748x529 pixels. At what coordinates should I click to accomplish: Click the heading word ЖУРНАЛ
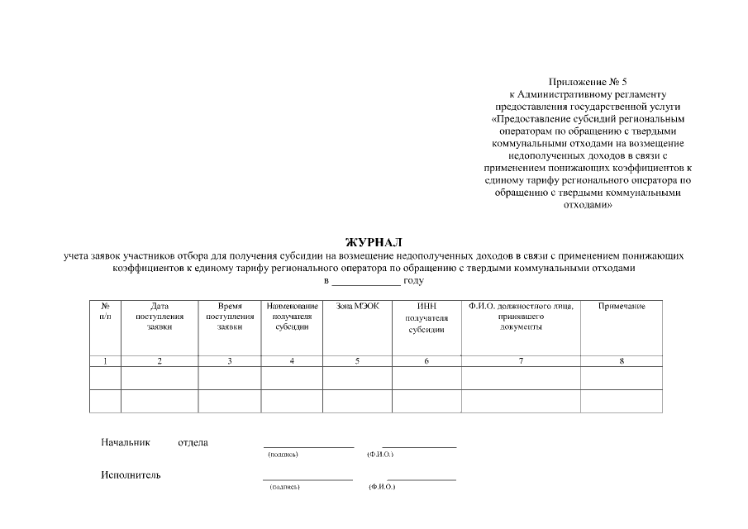point(374,242)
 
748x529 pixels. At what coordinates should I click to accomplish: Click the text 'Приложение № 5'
point(588,82)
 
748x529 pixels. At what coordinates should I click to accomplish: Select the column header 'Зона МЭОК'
point(357,307)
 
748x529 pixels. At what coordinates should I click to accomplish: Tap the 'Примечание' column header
point(622,307)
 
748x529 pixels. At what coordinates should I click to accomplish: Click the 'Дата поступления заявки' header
point(160,317)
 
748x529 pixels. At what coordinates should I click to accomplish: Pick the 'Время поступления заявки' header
point(229,317)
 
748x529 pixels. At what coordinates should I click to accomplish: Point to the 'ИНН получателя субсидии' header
point(426,318)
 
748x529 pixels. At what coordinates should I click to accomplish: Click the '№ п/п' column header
point(105,312)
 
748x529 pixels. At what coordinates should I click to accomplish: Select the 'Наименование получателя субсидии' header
point(293,317)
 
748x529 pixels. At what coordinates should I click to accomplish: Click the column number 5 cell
point(357,361)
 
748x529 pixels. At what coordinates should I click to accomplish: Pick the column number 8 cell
point(621,361)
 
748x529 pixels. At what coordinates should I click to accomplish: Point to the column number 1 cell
point(105,361)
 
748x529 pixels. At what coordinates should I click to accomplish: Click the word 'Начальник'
point(126,442)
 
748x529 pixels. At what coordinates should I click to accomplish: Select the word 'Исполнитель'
point(131,475)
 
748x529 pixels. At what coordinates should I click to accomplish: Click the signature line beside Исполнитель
point(307,479)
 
